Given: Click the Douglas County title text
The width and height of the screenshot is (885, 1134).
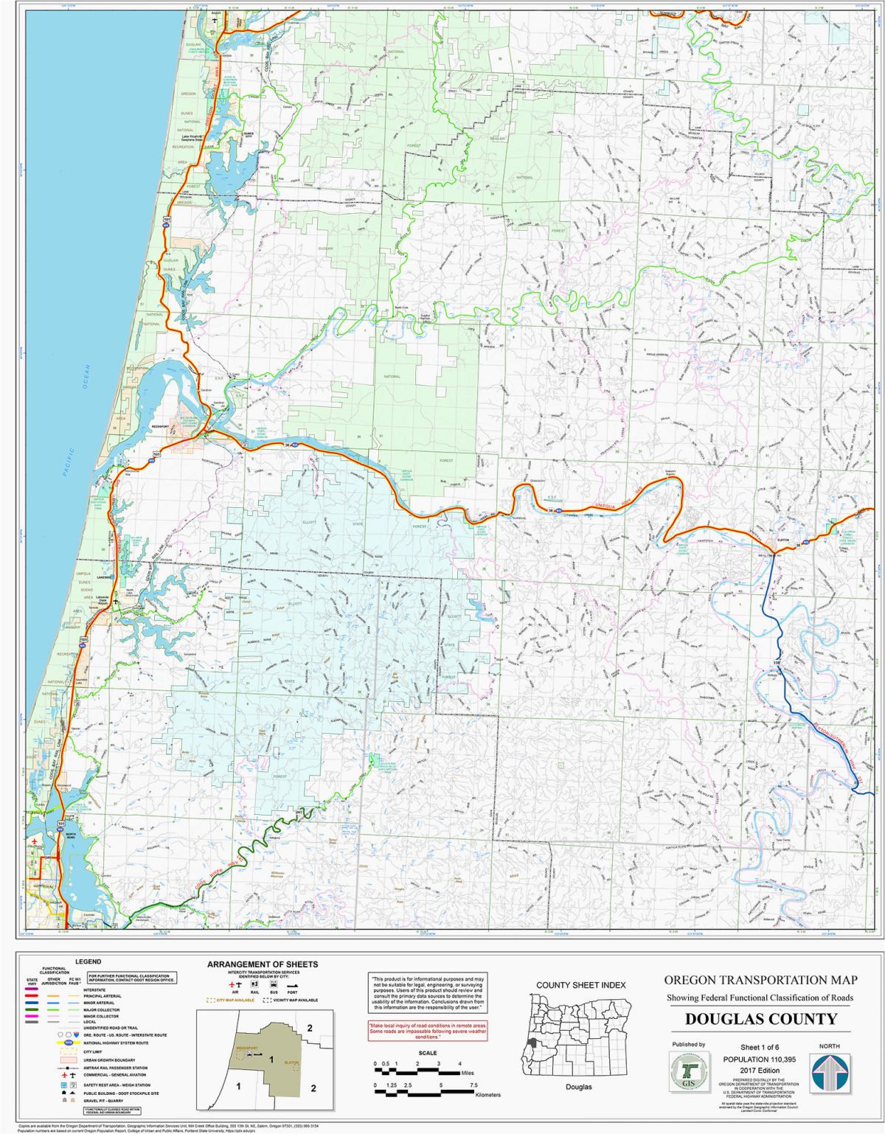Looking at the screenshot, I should click(x=760, y=1019).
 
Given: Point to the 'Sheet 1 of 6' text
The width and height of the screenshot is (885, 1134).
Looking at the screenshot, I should click(x=760, y=1048).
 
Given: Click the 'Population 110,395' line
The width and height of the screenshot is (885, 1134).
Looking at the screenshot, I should click(x=760, y=1059).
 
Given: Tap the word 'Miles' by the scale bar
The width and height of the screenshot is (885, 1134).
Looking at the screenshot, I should click(x=469, y=1073).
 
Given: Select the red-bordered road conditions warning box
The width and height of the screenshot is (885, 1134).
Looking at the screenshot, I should click(x=428, y=1030).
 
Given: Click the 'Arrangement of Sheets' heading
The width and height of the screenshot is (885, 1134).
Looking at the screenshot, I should click(x=263, y=964).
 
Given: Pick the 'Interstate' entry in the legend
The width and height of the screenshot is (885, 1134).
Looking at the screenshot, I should click(x=96, y=990).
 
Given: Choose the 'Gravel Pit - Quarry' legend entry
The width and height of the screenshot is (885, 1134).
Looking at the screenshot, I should click(x=103, y=1100).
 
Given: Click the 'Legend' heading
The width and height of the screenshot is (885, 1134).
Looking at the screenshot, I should click(x=88, y=961).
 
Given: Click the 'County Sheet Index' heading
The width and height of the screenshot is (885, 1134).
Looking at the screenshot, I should click(x=580, y=985).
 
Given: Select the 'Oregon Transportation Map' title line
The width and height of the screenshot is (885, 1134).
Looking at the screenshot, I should click(x=760, y=980).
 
